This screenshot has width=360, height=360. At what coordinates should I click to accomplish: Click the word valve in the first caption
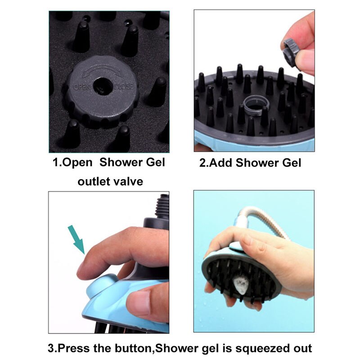pyautogui.click(x=128, y=182)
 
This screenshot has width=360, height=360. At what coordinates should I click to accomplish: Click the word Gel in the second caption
pyautogui.click(x=291, y=162)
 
